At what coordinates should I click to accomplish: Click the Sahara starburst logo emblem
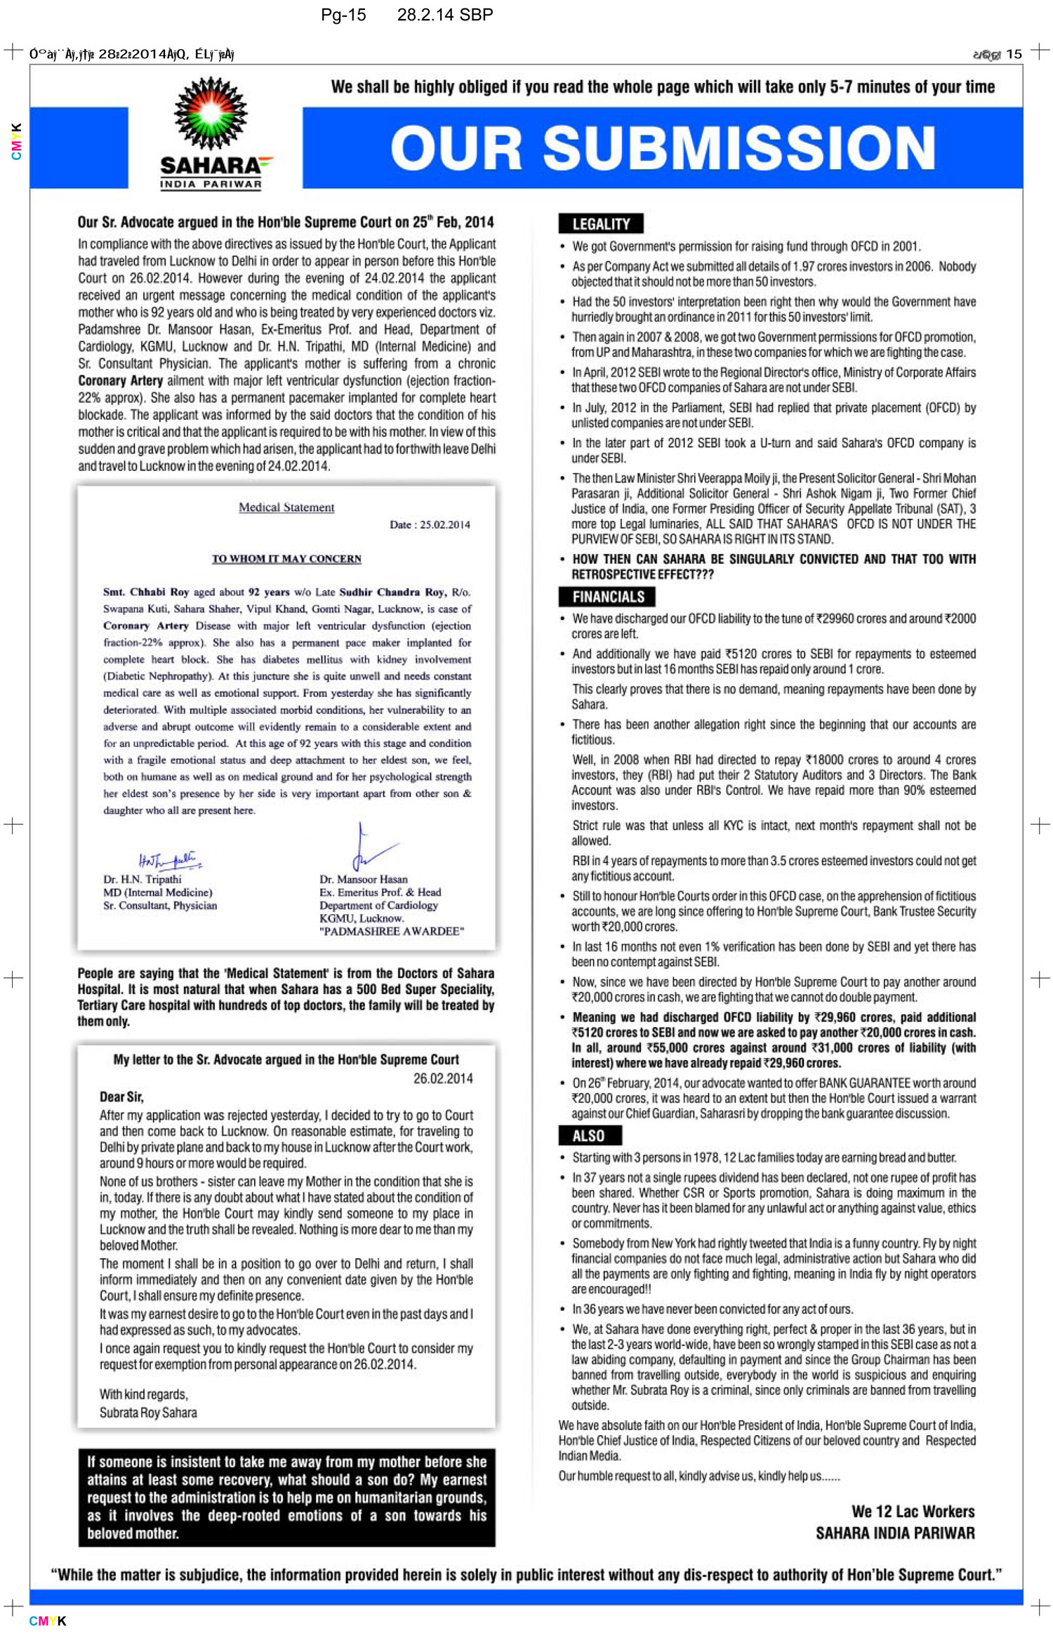point(211,114)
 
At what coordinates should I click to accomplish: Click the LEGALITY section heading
point(601,224)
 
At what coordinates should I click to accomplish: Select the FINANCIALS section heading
point(608,597)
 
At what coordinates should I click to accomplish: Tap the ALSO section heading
point(588,1135)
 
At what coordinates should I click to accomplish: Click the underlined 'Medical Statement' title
point(286,507)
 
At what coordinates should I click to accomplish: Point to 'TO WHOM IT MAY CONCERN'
point(286,559)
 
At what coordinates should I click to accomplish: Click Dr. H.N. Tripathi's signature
point(169,860)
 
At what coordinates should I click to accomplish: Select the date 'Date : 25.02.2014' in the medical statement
point(430,524)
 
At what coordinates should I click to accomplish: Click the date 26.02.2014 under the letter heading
point(442,1078)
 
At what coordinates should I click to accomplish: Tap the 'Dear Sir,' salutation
point(121,1097)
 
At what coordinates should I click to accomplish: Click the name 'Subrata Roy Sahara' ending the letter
point(148,1413)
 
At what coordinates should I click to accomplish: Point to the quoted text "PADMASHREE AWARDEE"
point(392,931)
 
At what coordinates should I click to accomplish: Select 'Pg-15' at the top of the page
point(343,15)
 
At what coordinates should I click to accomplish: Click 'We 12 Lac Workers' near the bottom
point(913,1511)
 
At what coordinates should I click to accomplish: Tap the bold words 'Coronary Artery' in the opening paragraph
point(120,381)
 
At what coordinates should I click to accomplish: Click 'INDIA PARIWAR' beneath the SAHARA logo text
point(211,184)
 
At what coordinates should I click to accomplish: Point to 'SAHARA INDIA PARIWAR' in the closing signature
point(895,1533)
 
